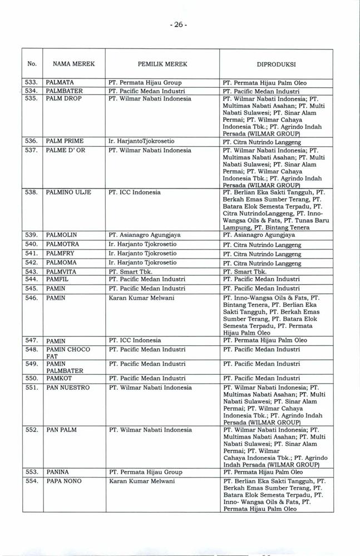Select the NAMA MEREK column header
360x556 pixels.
pos(70,64)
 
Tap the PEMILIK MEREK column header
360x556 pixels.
pos(162,64)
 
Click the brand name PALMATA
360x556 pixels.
pos(60,83)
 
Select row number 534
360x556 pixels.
pos(31,91)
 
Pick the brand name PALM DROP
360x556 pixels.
pos(63,98)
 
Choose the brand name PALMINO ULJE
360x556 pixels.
pos(68,192)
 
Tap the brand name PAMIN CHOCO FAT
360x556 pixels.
pos(68,353)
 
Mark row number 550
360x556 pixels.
pos(31,378)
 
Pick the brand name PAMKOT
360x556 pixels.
pos(58,378)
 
